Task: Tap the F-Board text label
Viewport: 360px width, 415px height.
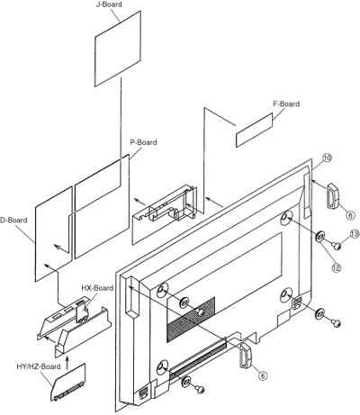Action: (286, 104)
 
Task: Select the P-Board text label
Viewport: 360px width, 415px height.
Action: (143, 142)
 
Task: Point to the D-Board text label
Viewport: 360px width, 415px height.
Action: (13, 220)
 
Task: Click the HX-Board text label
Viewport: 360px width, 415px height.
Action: (97, 288)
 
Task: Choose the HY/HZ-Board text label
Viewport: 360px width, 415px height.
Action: (39, 366)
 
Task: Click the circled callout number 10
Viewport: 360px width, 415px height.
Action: (327, 158)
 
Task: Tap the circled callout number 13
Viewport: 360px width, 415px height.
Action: (355, 234)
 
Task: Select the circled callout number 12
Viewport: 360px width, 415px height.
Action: (337, 267)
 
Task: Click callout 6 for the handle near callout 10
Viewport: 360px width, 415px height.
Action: (350, 214)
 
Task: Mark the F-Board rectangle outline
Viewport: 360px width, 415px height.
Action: (255, 131)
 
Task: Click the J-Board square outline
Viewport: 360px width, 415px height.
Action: (118, 49)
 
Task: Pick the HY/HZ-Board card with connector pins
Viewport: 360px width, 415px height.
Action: (68, 383)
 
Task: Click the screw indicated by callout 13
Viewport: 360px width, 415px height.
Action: (337, 247)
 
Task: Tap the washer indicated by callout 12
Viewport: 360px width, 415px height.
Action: (319, 238)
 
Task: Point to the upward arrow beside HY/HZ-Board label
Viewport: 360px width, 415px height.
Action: (67, 363)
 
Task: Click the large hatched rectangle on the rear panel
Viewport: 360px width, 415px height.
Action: (191, 319)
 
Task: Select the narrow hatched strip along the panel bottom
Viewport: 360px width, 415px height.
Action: (198, 356)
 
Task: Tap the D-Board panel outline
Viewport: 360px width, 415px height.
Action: (54, 234)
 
